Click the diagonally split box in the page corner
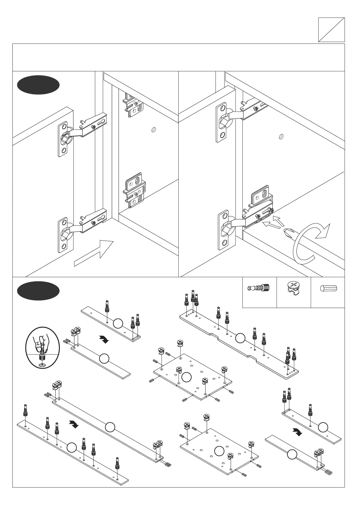(331, 30)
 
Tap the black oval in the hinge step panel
(38, 85)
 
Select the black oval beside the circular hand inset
(38, 291)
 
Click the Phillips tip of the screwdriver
(287, 234)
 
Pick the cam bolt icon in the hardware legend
(259, 288)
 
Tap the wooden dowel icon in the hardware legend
(328, 288)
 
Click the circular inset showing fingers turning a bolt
(43, 347)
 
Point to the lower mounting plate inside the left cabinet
(135, 190)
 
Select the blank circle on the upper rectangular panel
(186, 377)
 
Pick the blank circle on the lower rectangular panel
(219, 451)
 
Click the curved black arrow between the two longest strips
(73, 424)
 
